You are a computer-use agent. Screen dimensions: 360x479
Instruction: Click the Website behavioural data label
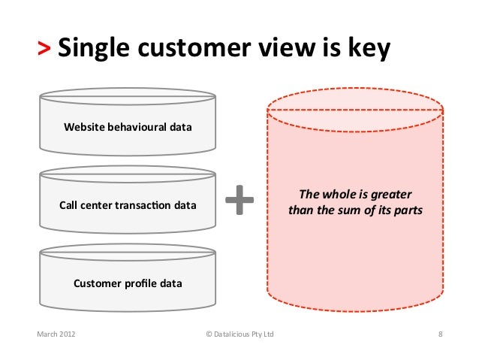tap(127, 127)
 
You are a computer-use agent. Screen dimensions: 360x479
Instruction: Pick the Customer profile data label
tap(127, 283)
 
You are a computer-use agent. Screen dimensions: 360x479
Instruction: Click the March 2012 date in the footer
tap(56, 333)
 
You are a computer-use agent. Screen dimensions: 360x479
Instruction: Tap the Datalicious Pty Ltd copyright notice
tap(239, 333)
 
